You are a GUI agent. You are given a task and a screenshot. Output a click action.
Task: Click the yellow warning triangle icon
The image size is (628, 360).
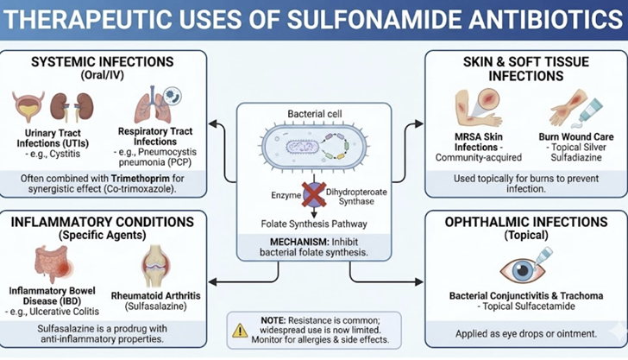pos(240,329)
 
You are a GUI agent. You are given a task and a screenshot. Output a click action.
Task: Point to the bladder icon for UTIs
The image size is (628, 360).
pos(28,107)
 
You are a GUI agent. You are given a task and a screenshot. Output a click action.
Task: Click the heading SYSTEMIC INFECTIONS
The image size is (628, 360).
pos(102,62)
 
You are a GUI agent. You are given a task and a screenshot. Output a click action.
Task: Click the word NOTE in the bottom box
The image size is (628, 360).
pos(275,321)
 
